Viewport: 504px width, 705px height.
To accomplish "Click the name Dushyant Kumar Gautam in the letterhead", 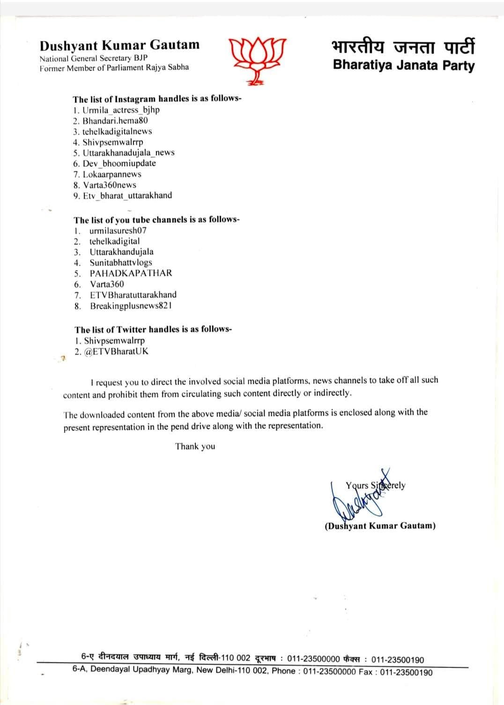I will click(x=119, y=45).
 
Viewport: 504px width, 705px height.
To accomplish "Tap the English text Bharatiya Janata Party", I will click(x=403, y=65).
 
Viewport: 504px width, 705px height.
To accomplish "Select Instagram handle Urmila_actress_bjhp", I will click(x=121, y=110).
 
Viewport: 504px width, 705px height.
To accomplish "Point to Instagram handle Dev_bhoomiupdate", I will click(x=119, y=164).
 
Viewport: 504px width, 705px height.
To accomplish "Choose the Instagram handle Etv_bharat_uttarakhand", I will click(x=127, y=195).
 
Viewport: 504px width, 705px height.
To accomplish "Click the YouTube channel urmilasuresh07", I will click(x=118, y=231).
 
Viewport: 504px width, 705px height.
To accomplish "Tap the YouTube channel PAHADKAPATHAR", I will click(x=131, y=273).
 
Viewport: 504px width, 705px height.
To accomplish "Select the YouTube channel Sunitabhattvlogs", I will click(x=121, y=262).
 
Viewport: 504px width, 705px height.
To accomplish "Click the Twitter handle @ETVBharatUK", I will click(x=116, y=352).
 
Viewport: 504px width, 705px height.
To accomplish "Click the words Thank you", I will click(x=195, y=446).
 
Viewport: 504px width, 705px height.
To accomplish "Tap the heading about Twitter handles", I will click(x=153, y=330).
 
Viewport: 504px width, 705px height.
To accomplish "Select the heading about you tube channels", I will click(x=157, y=220).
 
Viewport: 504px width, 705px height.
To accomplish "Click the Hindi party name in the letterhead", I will click(x=403, y=47).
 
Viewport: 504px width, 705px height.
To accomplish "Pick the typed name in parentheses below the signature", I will click(x=380, y=525).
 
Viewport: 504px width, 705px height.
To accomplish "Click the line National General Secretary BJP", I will click(x=94, y=59).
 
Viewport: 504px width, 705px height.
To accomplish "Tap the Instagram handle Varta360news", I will click(x=110, y=185).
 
